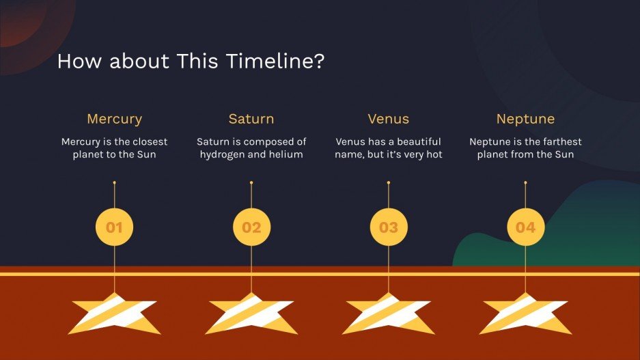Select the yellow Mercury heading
[x=114, y=119]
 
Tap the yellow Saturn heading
[x=251, y=119]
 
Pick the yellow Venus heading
[x=388, y=119]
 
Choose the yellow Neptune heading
[x=525, y=119]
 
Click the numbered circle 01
[x=114, y=227]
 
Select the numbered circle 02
[x=251, y=227]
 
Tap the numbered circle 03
[x=389, y=227]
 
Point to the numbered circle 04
[x=526, y=227]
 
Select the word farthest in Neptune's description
[x=562, y=141]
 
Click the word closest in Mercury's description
[x=150, y=141]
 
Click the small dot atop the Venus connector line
[x=389, y=182]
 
